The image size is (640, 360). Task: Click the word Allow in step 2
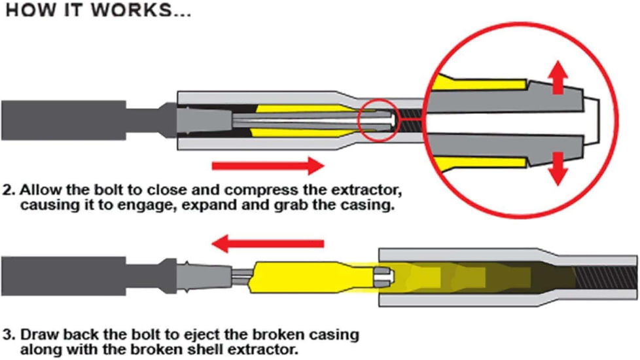click(39, 192)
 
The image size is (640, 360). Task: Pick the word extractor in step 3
click(258, 348)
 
